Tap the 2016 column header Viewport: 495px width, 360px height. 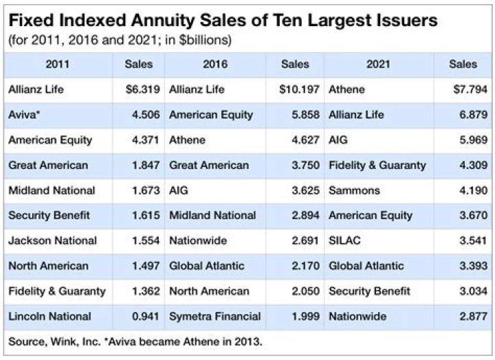pyautogui.click(x=215, y=64)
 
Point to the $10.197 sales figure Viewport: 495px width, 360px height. pyautogui.click(x=299, y=89)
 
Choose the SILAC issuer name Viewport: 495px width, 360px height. pyautogui.click(x=345, y=240)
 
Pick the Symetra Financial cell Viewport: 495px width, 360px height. pyautogui.click(x=214, y=316)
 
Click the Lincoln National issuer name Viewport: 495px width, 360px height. pyautogui.click(x=49, y=316)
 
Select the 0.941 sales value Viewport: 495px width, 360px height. pyautogui.click(x=145, y=316)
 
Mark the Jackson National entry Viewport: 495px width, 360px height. pyautogui.click(x=52, y=240)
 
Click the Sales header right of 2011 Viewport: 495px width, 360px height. pyautogui.click(x=138, y=64)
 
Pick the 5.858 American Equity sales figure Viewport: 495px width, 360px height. pyautogui.click(x=304, y=115)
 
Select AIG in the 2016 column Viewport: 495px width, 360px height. pyautogui.click(x=178, y=190)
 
